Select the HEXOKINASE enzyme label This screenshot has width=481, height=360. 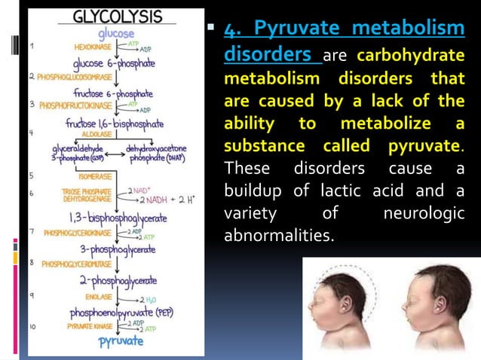coord(92,46)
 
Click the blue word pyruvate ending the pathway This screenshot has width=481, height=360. coord(121,341)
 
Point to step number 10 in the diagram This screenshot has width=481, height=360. coord(32,327)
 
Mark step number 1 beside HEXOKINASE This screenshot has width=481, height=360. coord(31,46)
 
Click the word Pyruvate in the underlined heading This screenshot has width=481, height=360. coord(295,29)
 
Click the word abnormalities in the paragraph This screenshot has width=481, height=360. coord(278,236)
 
